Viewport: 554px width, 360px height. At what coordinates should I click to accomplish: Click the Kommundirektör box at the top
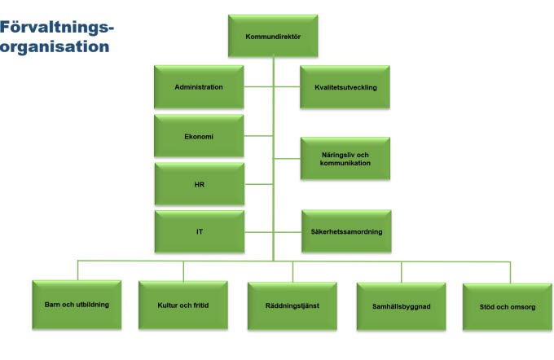click(x=273, y=37)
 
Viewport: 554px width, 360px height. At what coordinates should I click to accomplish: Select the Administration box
click(x=199, y=87)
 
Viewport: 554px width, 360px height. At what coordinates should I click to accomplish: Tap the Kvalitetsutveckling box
click(x=345, y=87)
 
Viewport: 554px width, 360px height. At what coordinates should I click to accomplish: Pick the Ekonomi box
click(x=199, y=136)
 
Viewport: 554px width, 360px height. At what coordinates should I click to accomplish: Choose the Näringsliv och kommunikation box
click(x=345, y=158)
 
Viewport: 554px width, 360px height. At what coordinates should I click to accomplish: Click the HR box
click(x=199, y=184)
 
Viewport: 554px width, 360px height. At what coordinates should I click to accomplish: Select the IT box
click(x=199, y=231)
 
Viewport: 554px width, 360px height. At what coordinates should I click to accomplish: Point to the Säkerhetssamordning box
click(x=345, y=231)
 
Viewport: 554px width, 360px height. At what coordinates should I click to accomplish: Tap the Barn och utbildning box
click(x=77, y=305)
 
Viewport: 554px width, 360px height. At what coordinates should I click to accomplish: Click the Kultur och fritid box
click(x=183, y=305)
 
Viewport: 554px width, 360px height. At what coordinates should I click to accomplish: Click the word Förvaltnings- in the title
click(x=57, y=29)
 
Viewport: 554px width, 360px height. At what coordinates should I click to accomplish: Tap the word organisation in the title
click(x=55, y=46)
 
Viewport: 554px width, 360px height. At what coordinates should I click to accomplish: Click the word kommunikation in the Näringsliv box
click(x=345, y=163)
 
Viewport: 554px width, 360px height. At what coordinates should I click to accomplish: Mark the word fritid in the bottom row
click(x=199, y=305)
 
